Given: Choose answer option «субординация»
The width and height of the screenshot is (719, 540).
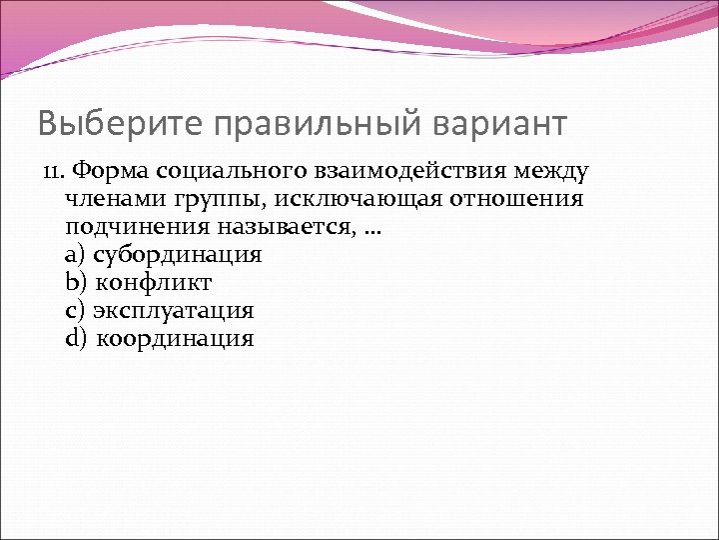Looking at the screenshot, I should coord(177,255).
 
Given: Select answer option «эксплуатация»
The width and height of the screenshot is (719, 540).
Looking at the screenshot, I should coord(174,311).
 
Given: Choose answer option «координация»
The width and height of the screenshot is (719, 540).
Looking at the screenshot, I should coord(176,339).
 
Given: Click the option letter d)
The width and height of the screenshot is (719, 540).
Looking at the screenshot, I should coord(76,339).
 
